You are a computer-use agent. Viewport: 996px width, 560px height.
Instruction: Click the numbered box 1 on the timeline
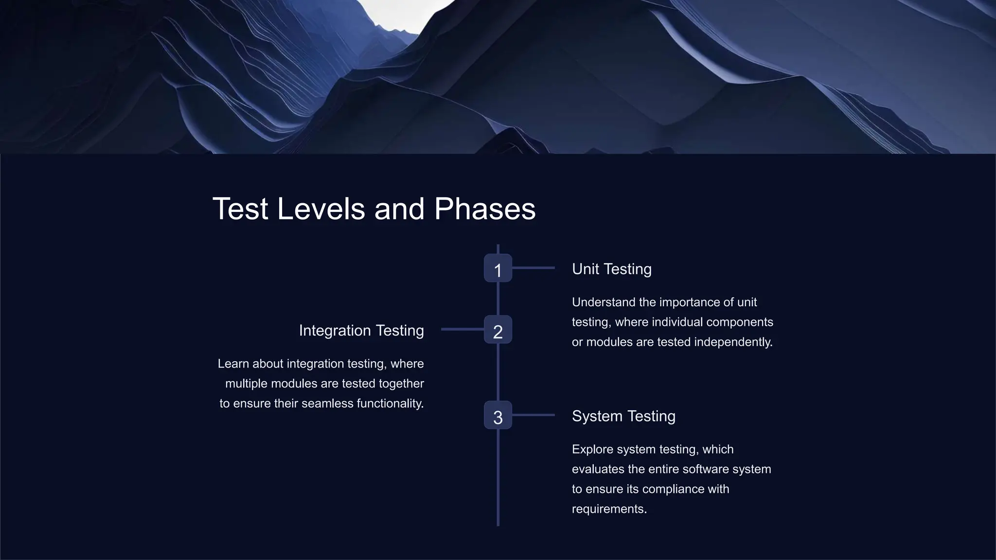click(x=498, y=268)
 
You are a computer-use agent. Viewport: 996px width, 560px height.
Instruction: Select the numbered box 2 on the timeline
click(x=498, y=330)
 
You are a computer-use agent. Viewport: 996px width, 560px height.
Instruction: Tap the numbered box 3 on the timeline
click(x=498, y=415)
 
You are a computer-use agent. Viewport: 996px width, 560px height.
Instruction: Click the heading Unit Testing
click(x=611, y=269)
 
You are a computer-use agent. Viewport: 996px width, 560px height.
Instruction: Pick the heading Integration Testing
click(x=361, y=331)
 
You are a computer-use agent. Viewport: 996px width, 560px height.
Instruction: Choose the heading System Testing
click(x=623, y=416)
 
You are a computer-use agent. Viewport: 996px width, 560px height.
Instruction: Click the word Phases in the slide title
click(x=484, y=209)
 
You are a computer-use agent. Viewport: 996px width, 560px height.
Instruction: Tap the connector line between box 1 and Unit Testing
click(x=534, y=268)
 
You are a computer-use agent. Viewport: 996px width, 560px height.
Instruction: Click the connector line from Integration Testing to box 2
click(x=462, y=330)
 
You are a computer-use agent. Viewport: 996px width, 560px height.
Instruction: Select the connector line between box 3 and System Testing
click(x=534, y=415)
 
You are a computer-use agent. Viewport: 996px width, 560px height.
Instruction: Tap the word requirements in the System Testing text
click(x=609, y=509)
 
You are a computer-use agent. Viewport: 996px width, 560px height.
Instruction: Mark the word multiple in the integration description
click(x=247, y=384)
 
